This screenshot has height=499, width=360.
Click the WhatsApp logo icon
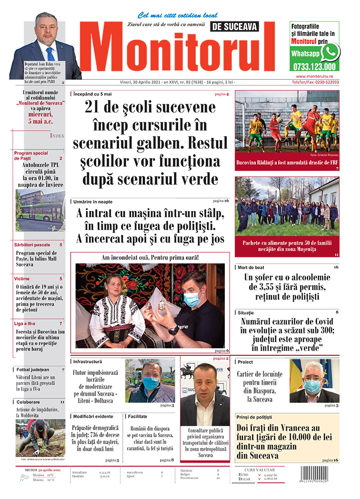click(x=330, y=52)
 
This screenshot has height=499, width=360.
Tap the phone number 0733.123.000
click(x=314, y=66)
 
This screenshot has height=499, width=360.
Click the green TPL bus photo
click(x=40, y=211)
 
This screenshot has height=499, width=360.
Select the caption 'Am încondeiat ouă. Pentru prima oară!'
click(x=150, y=257)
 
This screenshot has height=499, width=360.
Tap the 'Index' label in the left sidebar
click(x=57, y=135)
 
